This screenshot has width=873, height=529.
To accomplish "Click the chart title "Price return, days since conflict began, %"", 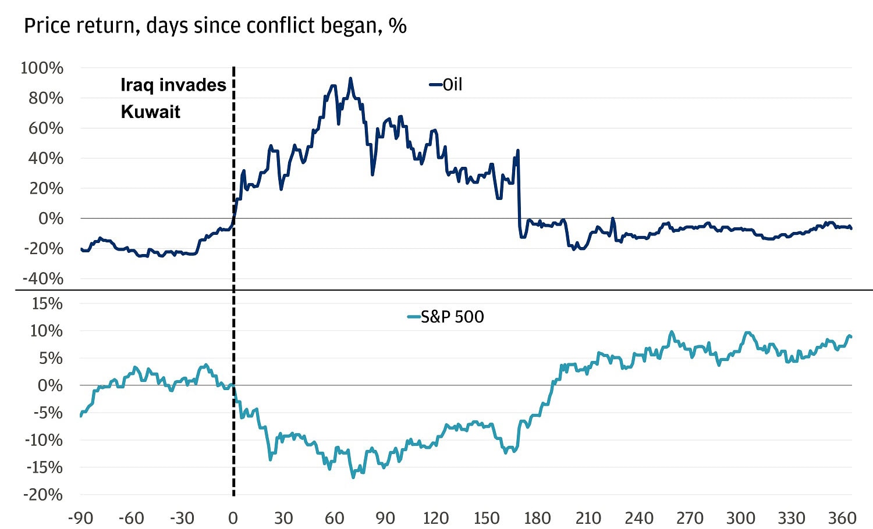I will [x=215, y=26].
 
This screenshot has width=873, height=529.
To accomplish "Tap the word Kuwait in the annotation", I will [x=150, y=112].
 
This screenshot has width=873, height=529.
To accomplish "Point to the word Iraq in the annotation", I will [x=137, y=85].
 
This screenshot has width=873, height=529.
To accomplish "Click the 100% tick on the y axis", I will [x=42, y=68].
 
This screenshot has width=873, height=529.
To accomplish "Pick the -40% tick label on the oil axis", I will [x=44, y=278].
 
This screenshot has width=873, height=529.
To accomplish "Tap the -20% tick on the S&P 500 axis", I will [x=44, y=495].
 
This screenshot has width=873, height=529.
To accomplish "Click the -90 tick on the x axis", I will [x=80, y=517].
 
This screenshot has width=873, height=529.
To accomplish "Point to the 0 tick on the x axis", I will [x=233, y=517].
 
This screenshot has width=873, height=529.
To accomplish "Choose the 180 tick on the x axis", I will [x=537, y=517].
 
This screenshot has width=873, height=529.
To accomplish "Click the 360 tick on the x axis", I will [x=842, y=517].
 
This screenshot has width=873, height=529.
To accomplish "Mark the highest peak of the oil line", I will [x=350, y=78].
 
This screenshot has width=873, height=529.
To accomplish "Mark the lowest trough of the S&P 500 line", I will [x=353, y=477].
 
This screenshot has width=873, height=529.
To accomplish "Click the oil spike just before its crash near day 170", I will [x=517, y=151].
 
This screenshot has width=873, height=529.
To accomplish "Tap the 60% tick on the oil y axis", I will [x=46, y=128].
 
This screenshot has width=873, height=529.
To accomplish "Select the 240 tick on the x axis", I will [x=639, y=517].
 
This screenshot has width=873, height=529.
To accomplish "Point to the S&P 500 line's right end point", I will [x=851, y=337].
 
